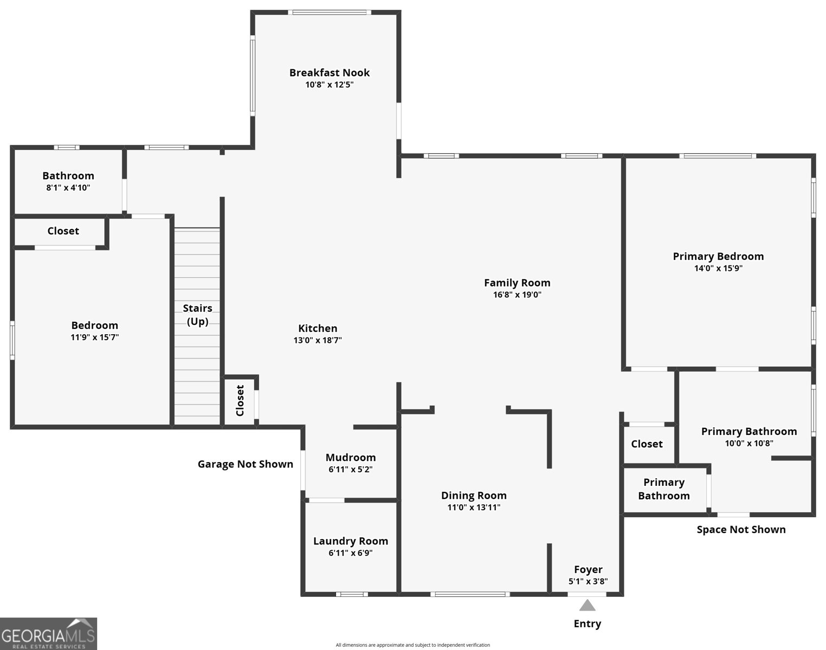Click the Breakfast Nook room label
coord(329,73)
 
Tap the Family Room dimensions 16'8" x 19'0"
coord(517,295)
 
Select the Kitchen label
coord(318,328)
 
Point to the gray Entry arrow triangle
coord(587,605)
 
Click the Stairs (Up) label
coord(197,315)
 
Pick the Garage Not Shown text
coord(245,464)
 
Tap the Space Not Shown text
coord(741,530)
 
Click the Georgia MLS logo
coord(48,634)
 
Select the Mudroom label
coord(351,458)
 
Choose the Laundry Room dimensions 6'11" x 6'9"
coord(351,553)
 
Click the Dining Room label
coord(474,496)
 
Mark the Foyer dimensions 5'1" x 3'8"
coord(588,582)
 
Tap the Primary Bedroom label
coord(718,256)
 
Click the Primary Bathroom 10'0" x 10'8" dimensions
coord(749,444)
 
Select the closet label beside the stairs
coord(240,401)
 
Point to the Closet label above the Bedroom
coord(63,231)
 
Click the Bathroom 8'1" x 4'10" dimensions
coord(68,188)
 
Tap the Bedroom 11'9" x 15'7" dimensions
coord(95,337)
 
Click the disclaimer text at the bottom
coord(412,645)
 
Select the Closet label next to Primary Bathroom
coord(647,444)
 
